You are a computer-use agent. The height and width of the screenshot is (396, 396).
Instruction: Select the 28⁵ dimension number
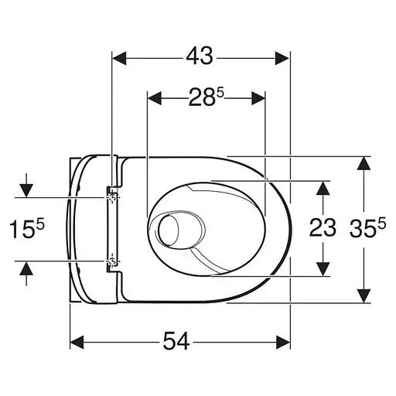tap(206, 98)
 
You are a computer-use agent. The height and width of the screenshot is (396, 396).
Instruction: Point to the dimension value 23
tap(322, 227)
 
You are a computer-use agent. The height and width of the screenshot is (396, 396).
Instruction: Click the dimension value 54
tap(179, 341)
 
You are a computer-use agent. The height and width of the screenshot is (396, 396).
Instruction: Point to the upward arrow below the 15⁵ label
tap(27, 268)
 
